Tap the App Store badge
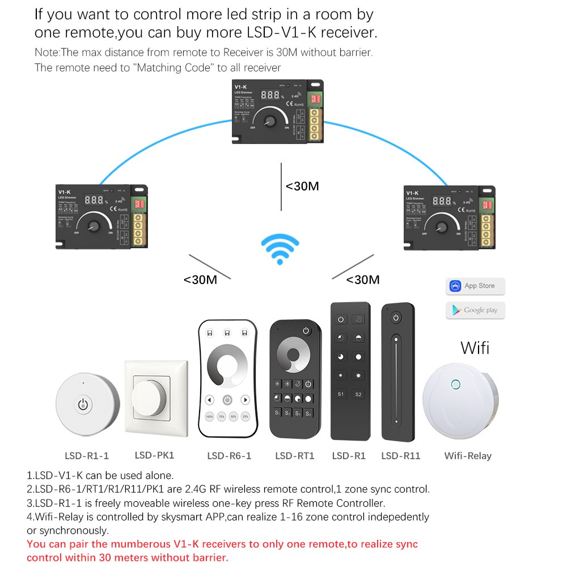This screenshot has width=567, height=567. coord(475,286)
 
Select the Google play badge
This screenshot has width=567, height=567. coord(475,310)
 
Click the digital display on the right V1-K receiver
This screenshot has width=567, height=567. coord(442,200)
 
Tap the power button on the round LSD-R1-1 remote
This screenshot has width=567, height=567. coord(83,404)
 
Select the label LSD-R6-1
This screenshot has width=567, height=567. coord(229,456)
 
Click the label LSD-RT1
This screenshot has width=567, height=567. coord(294,456)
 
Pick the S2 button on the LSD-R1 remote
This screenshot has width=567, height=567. coord(358,394)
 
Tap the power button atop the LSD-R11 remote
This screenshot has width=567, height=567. coord(395,318)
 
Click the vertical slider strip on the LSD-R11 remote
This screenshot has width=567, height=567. coord(395,383)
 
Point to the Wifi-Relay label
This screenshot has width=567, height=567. coord(468,456)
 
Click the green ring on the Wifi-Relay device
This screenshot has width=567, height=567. coord(455,386)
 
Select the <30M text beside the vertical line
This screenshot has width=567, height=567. coord(302,186)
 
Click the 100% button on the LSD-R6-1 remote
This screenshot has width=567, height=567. coord(210,416)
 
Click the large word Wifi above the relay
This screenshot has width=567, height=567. coord(475,347)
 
